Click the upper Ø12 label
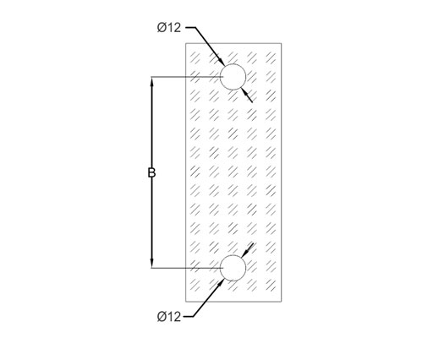point(169,28)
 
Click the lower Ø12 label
point(169,317)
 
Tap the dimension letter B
point(151,172)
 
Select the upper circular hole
point(233,64)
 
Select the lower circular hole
point(233,255)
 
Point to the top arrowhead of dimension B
point(151,81)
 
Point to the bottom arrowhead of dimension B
point(151,263)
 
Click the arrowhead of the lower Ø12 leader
point(221,283)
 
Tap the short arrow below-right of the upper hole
point(246,95)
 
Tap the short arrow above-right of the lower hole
point(247,250)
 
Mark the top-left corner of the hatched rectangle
point(186,43)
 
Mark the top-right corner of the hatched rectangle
point(282,43)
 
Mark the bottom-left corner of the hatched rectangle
point(186,302)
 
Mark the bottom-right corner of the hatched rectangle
point(282,302)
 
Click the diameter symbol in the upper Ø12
point(162,28)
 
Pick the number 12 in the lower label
point(174,317)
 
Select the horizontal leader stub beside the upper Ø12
point(190,27)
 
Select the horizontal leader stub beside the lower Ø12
point(189,316)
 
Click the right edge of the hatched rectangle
point(282,172)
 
